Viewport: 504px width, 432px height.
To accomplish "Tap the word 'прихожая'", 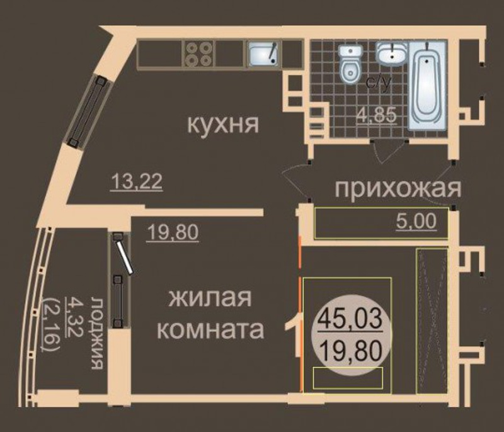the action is (x=398, y=188).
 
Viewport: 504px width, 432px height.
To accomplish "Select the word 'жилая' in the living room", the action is (x=210, y=298).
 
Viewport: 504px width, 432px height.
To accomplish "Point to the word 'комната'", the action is (x=211, y=330).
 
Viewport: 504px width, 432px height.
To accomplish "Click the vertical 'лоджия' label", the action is (x=97, y=333).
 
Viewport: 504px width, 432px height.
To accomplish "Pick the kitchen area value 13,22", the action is (x=136, y=182).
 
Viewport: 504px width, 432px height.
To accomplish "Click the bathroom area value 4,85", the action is (x=376, y=115).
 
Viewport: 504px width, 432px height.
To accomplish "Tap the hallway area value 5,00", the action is (x=416, y=221).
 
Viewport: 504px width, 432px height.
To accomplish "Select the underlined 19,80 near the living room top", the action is (x=172, y=232).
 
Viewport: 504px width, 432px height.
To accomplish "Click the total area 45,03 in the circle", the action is (x=350, y=319).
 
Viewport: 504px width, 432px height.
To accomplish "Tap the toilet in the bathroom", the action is (x=351, y=65).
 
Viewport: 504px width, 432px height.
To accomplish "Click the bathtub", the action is (x=427, y=86).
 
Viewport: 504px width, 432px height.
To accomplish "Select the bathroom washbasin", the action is (x=392, y=54).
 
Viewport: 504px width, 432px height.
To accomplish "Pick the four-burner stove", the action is (x=198, y=54).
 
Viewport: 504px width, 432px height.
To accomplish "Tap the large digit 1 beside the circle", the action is (x=294, y=336).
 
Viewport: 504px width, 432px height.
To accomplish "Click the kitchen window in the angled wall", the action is (x=88, y=111).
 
